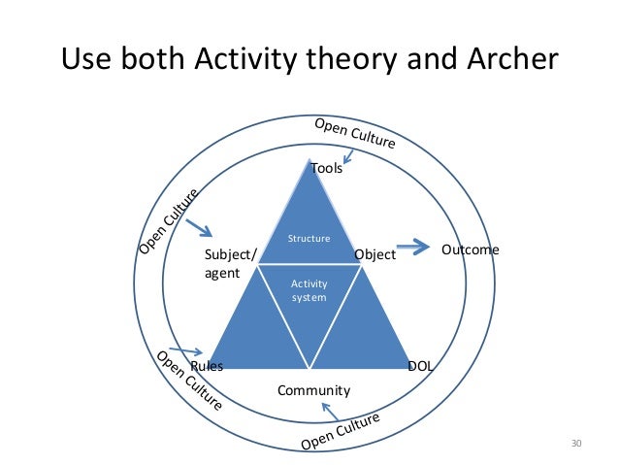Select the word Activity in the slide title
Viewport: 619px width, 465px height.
tap(252, 60)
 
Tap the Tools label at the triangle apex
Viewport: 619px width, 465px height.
tap(327, 168)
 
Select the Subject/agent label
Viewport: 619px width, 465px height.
tap(230, 264)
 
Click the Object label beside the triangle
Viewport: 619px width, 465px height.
tap(375, 255)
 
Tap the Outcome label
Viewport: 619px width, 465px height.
tap(470, 250)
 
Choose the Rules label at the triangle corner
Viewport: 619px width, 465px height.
tap(207, 367)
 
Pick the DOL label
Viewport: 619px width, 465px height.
tap(420, 366)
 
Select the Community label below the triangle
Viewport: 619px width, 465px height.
tap(313, 391)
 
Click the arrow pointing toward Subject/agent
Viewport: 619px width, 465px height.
tap(200, 231)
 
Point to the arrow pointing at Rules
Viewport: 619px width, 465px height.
tap(184, 351)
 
